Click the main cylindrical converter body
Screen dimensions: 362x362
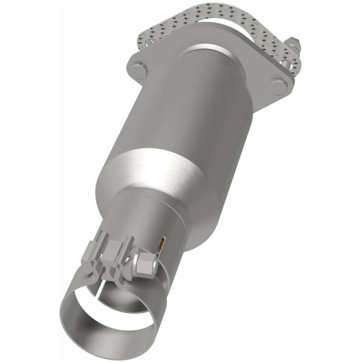195,113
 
